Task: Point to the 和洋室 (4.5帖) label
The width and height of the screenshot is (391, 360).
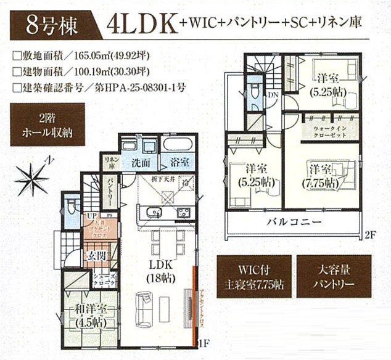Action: (x=90, y=315)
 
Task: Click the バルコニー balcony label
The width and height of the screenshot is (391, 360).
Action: (x=292, y=223)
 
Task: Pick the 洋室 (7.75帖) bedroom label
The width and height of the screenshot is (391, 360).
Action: (x=323, y=176)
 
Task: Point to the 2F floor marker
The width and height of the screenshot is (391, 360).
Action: (x=369, y=235)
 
